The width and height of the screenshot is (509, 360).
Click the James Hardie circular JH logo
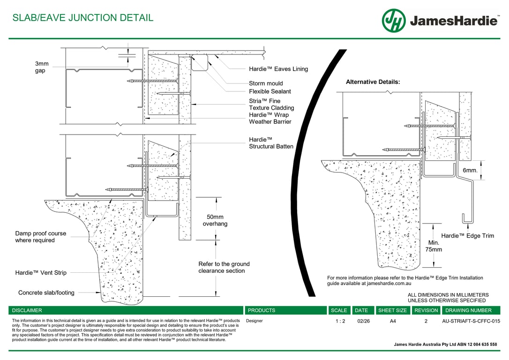pyautogui.click(x=394, y=21)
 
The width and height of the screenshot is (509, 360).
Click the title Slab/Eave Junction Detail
pyautogui.click(x=83, y=18)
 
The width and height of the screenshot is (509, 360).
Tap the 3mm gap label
pyautogui.click(x=42, y=67)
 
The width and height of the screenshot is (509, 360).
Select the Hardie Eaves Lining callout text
pyautogui.click(x=278, y=69)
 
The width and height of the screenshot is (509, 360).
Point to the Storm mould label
pyautogui.click(x=266, y=83)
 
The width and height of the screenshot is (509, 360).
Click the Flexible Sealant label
pyautogui.click(x=270, y=91)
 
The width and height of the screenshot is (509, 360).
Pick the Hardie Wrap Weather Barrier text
pyautogui.click(x=269, y=118)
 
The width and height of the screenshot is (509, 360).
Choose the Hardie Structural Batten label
pyautogui.click(x=271, y=143)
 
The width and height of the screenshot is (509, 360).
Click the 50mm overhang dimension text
pyautogui.click(x=215, y=220)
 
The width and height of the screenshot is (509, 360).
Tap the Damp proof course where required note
pyautogui.click(x=41, y=237)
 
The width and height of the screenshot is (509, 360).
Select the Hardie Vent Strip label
pyautogui.click(x=41, y=272)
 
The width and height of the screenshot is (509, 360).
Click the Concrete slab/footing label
pyautogui.click(x=46, y=292)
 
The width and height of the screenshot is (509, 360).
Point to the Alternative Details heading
pyautogui.click(x=373, y=82)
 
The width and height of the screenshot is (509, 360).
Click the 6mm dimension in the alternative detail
pyautogui.click(x=470, y=171)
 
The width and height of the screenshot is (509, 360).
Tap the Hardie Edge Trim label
pyautogui.click(x=467, y=236)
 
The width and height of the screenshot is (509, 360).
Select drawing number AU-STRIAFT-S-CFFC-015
pyautogui.click(x=471, y=322)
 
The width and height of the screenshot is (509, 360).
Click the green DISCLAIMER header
pyautogui.click(x=27, y=310)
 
